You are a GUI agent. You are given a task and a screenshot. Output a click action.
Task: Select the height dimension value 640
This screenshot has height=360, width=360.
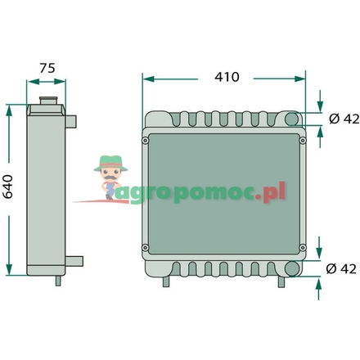[x=10, y=189]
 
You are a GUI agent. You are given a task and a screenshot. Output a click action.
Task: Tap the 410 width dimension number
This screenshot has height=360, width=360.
[x=225, y=77]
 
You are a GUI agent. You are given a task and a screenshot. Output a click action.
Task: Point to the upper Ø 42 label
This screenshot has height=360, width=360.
[x=341, y=119]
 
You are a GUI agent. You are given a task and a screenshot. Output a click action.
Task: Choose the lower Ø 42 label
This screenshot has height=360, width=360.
[x=341, y=268]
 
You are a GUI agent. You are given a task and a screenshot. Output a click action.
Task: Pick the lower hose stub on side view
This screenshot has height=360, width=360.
[x=75, y=262]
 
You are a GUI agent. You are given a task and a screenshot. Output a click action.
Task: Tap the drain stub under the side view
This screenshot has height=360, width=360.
[x=58, y=281]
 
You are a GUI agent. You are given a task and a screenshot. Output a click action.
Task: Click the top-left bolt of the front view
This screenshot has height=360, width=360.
[x=146, y=140]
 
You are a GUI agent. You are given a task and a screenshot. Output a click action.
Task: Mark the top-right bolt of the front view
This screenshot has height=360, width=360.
[x=302, y=140]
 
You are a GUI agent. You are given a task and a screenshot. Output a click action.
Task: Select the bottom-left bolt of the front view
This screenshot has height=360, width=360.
[x=146, y=248]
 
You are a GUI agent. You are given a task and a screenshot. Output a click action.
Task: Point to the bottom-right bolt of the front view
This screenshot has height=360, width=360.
[x=302, y=248]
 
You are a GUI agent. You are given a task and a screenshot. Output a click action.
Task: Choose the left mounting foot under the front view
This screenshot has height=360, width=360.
[x=168, y=282]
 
